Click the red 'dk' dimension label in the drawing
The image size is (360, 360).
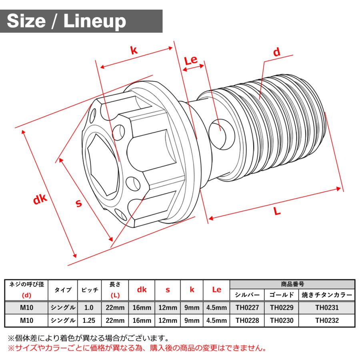coord(40,199)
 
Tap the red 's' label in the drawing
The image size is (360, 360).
coord(79,203)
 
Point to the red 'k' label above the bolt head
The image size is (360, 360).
coord(134,50)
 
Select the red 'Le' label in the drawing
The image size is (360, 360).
coord(191,60)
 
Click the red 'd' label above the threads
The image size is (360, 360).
coord(276,52)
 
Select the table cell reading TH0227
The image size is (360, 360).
coord(247,308)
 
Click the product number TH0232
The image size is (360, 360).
coord(326,320)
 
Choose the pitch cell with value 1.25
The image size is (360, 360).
coord(89,320)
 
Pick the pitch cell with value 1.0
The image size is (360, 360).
coord(89,308)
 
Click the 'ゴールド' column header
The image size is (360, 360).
coord(281,295)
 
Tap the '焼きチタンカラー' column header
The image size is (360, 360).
coord(326,295)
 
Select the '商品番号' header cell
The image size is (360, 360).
coord(292,284)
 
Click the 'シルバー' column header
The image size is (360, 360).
coord(247,295)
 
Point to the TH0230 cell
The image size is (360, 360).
coord(281,320)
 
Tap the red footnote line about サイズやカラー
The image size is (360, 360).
coord(136,348)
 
